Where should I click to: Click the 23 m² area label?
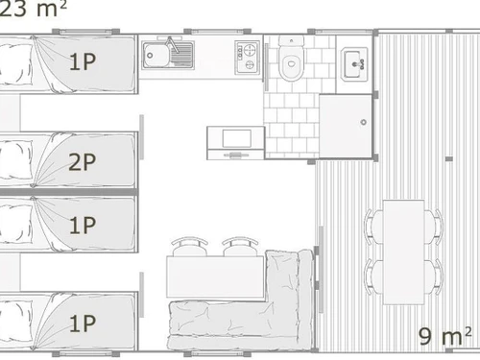click(33, 9)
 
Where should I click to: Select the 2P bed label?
click(83, 161)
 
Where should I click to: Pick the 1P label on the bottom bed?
click(83, 322)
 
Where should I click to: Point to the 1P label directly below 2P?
click(83, 226)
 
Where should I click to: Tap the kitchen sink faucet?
click(171, 42)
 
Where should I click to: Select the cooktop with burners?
click(248, 55)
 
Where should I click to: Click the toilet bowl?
click(289, 64)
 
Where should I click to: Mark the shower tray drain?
click(362, 122)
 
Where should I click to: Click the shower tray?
click(345, 125)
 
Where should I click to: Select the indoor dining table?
click(214, 276)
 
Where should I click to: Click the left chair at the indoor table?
click(186, 247)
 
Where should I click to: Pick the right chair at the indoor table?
click(240, 247)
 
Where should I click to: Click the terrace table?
click(401, 247)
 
